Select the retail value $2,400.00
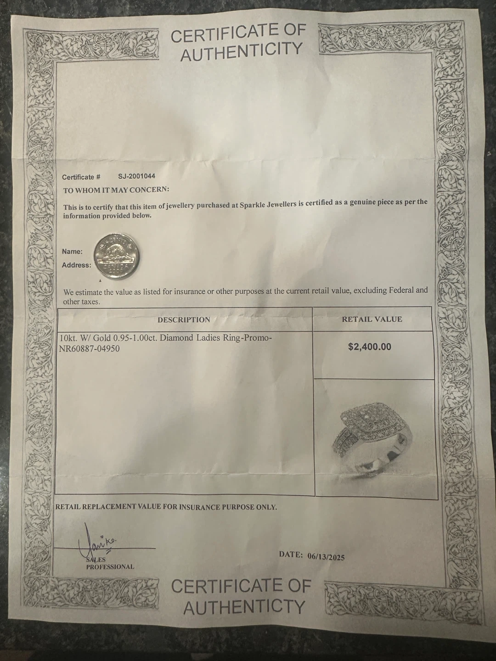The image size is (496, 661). [x=370, y=347]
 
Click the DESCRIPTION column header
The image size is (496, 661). [x=184, y=319]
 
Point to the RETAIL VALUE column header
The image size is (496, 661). [x=372, y=319]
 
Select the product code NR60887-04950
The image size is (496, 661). [x=90, y=349]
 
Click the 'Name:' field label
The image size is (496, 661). [x=72, y=252]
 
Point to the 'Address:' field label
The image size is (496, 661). [x=76, y=265]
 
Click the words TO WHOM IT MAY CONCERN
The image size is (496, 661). [x=116, y=190]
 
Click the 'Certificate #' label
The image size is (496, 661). [x=81, y=177]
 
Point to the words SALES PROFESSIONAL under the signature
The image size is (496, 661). [x=109, y=563]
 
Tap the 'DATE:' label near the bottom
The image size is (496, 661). [x=291, y=555]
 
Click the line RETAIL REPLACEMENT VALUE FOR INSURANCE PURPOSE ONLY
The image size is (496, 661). [x=166, y=507]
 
